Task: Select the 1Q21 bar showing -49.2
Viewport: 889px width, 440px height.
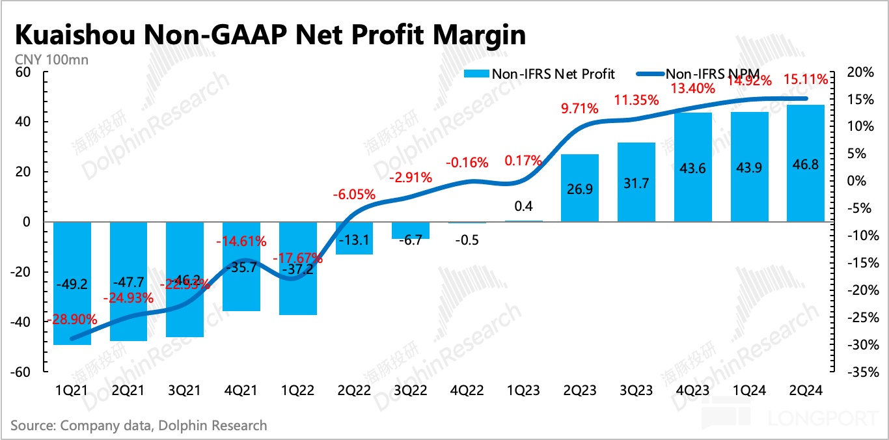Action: (x=72, y=283)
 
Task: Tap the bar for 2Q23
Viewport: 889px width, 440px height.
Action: (x=579, y=188)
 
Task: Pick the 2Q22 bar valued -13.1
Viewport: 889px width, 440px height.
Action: (x=354, y=238)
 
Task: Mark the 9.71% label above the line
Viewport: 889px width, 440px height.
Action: (x=579, y=109)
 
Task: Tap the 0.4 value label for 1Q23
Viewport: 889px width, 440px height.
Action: (x=523, y=206)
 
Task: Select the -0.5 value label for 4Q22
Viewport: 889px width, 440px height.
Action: (x=466, y=240)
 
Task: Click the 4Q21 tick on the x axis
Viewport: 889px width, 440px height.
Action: (x=241, y=391)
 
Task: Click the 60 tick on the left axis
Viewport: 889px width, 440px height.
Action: (x=24, y=72)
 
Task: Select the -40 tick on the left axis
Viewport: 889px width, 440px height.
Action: (x=21, y=322)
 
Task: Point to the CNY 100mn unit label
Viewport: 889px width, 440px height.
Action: (x=51, y=60)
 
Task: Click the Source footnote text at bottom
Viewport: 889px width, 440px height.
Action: (x=139, y=426)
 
